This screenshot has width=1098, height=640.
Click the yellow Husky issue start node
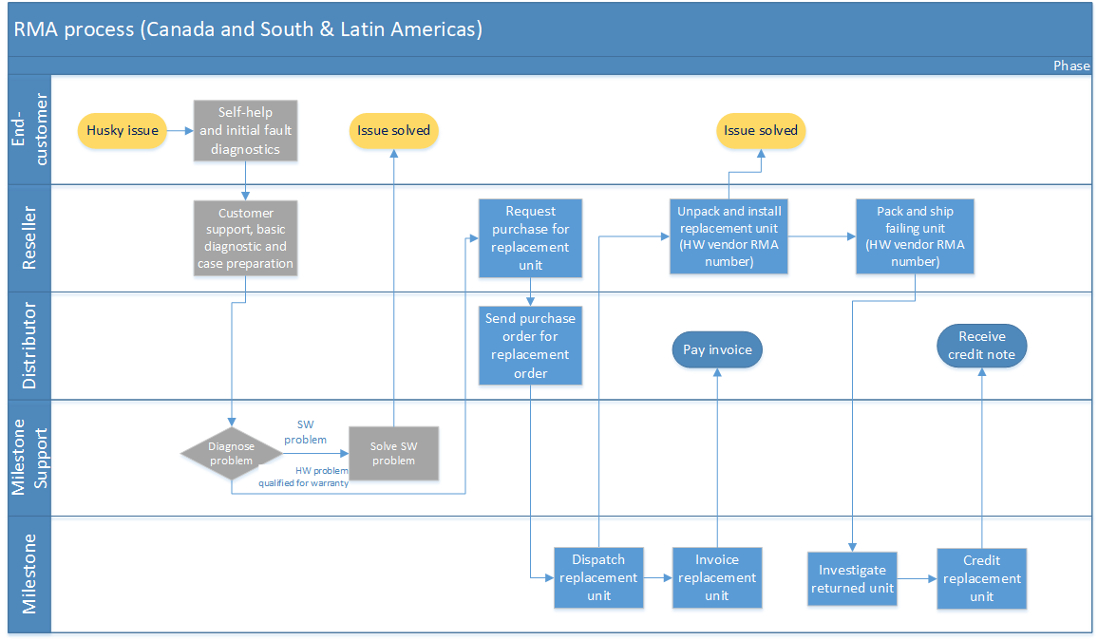[x=122, y=130]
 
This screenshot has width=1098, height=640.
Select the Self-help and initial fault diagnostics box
[x=245, y=130]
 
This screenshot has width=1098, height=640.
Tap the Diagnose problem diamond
[x=231, y=454]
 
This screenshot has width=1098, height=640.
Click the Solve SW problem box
[x=393, y=454]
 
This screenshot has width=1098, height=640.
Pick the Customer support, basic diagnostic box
[x=245, y=238]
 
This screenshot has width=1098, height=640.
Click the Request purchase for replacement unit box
[x=530, y=238]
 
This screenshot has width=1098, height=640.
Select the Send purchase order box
[x=530, y=346]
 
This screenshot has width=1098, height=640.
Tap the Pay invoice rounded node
[x=717, y=349]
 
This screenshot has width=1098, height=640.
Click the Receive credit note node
[x=982, y=346]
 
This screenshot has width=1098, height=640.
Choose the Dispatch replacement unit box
[x=598, y=577]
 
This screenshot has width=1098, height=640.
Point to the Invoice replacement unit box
[x=717, y=577]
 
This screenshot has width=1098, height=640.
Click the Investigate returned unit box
[x=852, y=579]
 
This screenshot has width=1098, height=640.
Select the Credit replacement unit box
[x=982, y=578]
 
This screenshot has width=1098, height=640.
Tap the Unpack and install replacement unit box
[x=729, y=236]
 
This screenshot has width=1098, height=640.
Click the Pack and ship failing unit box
[x=915, y=236]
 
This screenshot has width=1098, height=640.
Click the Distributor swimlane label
[x=28, y=346]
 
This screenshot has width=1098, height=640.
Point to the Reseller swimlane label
[x=28, y=238]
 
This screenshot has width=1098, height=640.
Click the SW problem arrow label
[x=305, y=432]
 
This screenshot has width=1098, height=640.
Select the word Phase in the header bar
[x=1071, y=66]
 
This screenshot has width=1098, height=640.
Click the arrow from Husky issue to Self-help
[x=180, y=130]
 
